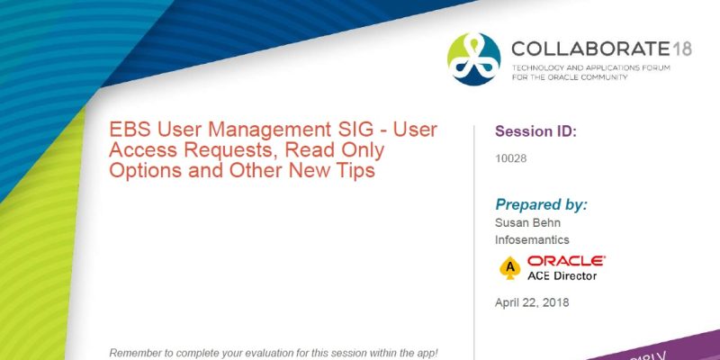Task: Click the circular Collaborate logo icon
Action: point(473,58)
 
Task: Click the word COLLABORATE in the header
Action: point(588,49)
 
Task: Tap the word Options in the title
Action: point(141,170)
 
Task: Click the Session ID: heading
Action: point(535,131)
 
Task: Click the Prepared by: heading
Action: point(541,204)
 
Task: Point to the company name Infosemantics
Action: point(533,240)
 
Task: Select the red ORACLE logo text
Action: point(566,260)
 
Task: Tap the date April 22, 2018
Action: point(532,302)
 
